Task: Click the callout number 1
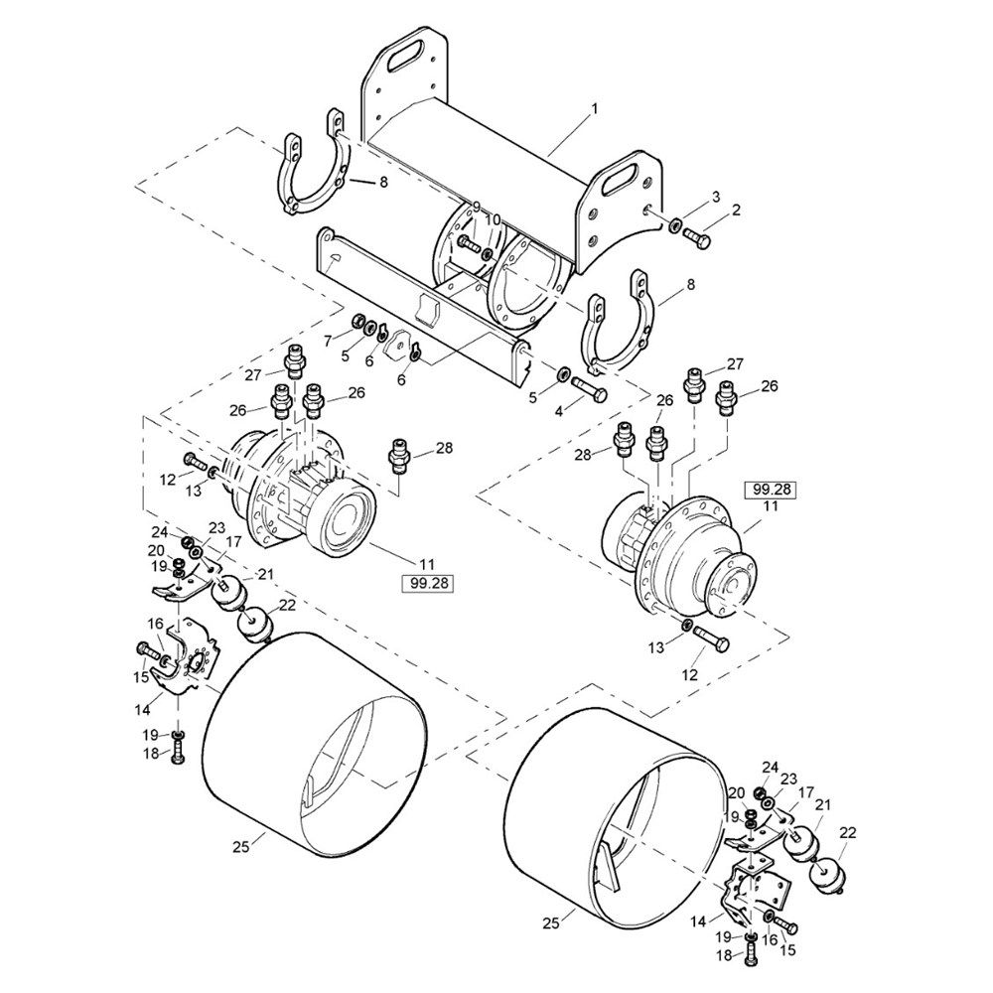594,109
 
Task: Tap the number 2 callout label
736,210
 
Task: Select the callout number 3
716,197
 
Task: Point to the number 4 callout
558,411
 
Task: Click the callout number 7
328,342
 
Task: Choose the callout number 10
493,219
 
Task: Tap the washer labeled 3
675,224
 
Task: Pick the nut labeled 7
356,319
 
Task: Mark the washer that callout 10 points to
487,254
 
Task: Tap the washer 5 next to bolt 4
562,374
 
